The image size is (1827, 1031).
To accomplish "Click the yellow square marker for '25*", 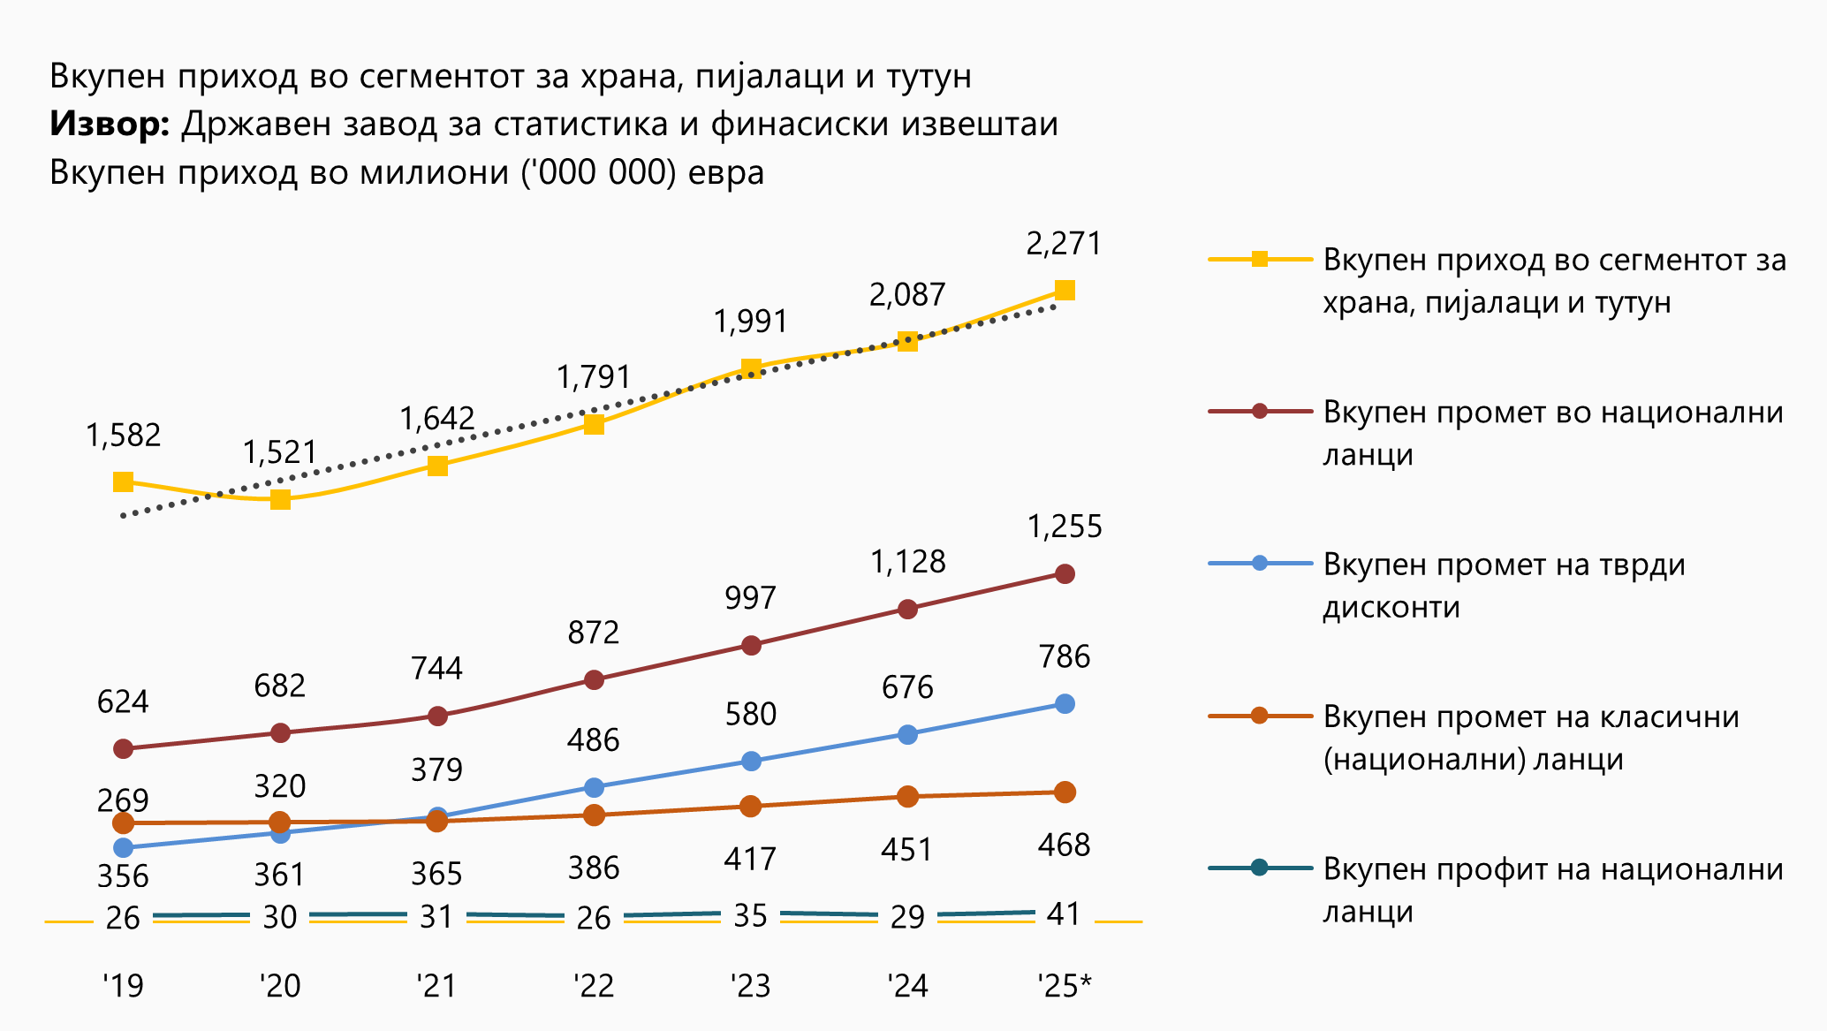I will (x=1065, y=291).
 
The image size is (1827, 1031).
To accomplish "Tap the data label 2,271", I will (x=1064, y=244).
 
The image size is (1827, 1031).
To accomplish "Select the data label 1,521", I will (x=279, y=452).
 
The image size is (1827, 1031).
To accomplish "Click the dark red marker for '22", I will (x=594, y=679).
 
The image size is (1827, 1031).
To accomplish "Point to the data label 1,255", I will (x=1065, y=527).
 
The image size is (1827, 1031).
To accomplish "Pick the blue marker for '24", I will (x=907, y=734).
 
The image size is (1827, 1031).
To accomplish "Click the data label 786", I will (x=1065, y=657).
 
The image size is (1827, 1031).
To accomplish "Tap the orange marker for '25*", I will (x=1065, y=792).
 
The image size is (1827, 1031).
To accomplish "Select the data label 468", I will (x=1064, y=845).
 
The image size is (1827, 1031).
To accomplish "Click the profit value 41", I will (x=1064, y=914).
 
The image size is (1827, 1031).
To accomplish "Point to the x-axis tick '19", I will (x=123, y=985).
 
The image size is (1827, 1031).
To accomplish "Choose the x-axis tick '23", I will (x=750, y=985).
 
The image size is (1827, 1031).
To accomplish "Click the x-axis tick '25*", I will (x=1065, y=985).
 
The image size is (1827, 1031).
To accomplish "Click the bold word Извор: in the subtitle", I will (x=110, y=125).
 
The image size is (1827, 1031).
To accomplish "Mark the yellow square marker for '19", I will (x=123, y=481).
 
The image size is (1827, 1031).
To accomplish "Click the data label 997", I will (x=750, y=599).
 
